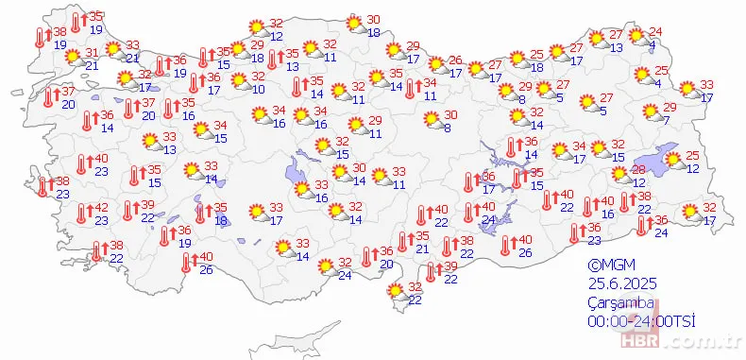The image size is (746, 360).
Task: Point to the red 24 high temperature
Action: pyautogui.click(x=656, y=32)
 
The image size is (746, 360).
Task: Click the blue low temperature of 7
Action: pyautogui.click(x=666, y=119)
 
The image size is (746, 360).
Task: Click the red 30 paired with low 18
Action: pyautogui.click(x=373, y=20)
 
